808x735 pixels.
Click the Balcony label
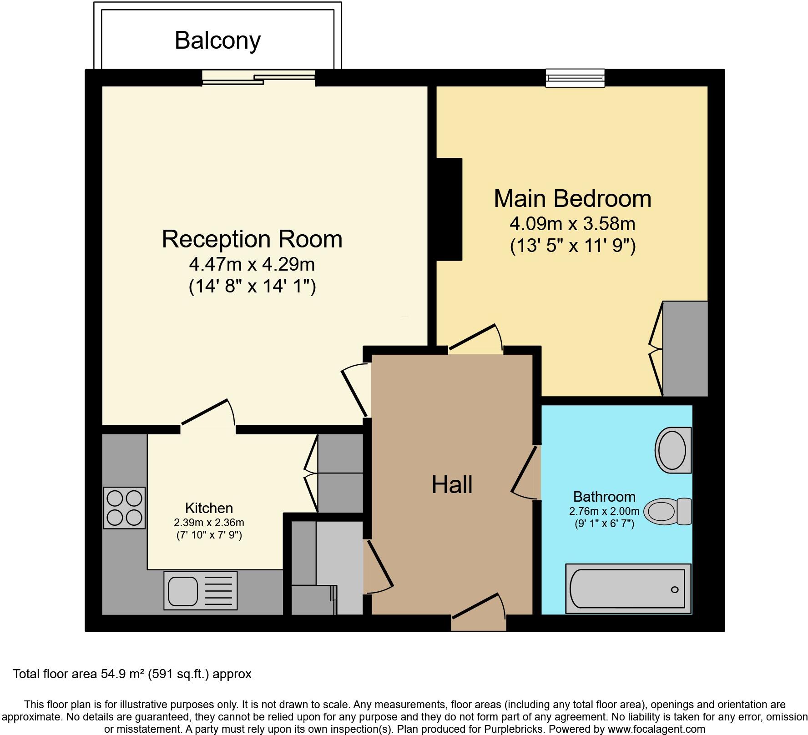[x=217, y=40]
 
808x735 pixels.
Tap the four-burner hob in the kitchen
[x=124, y=508]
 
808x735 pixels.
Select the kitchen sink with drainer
[x=200, y=590]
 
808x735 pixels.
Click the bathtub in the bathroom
[x=628, y=589]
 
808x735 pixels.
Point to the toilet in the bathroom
[x=667, y=511]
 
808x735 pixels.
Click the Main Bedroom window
[x=575, y=78]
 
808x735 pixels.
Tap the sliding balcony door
[x=258, y=77]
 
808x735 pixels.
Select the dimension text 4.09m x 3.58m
[x=572, y=224]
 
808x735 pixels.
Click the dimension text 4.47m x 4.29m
[x=252, y=264]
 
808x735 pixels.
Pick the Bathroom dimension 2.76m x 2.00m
[x=604, y=511]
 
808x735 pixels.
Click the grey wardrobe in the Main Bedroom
[x=685, y=348]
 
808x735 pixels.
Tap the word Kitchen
[x=209, y=508]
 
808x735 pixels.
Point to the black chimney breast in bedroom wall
[x=449, y=209]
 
